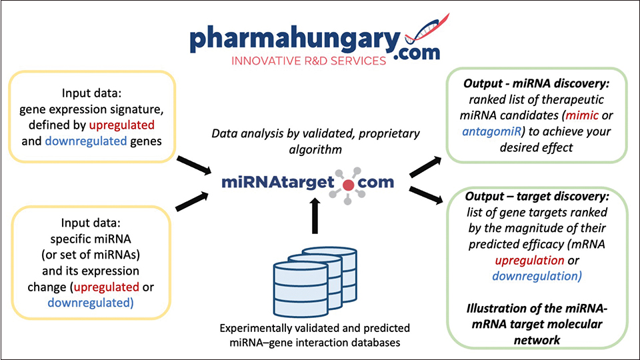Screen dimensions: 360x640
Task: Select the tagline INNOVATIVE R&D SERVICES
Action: point(307,61)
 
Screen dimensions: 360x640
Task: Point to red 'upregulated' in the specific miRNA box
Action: point(108,287)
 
